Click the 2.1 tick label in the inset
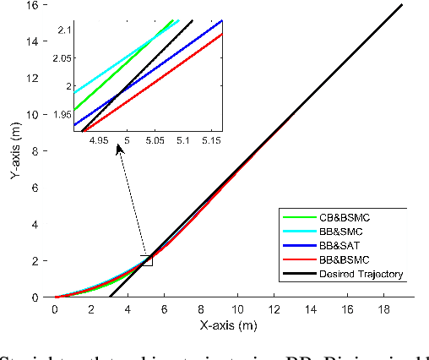(64, 30)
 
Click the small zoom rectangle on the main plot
(146, 260)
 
